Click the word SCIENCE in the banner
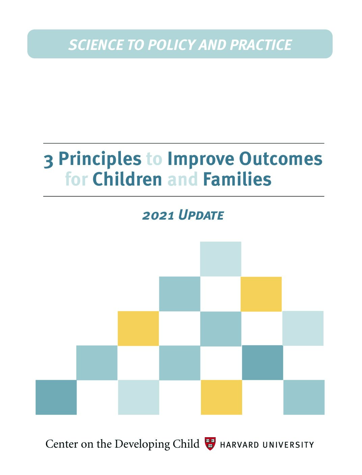click(96, 45)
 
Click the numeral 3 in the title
click(49, 161)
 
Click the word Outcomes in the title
click(281, 159)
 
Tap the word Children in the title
click(127, 179)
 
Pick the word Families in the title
click(237, 179)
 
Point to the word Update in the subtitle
click(201, 215)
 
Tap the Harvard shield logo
click(210, 444)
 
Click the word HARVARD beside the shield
click(239, 445)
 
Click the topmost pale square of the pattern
click(221, 259)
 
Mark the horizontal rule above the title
click(184, 143)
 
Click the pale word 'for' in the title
click(77, 179)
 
